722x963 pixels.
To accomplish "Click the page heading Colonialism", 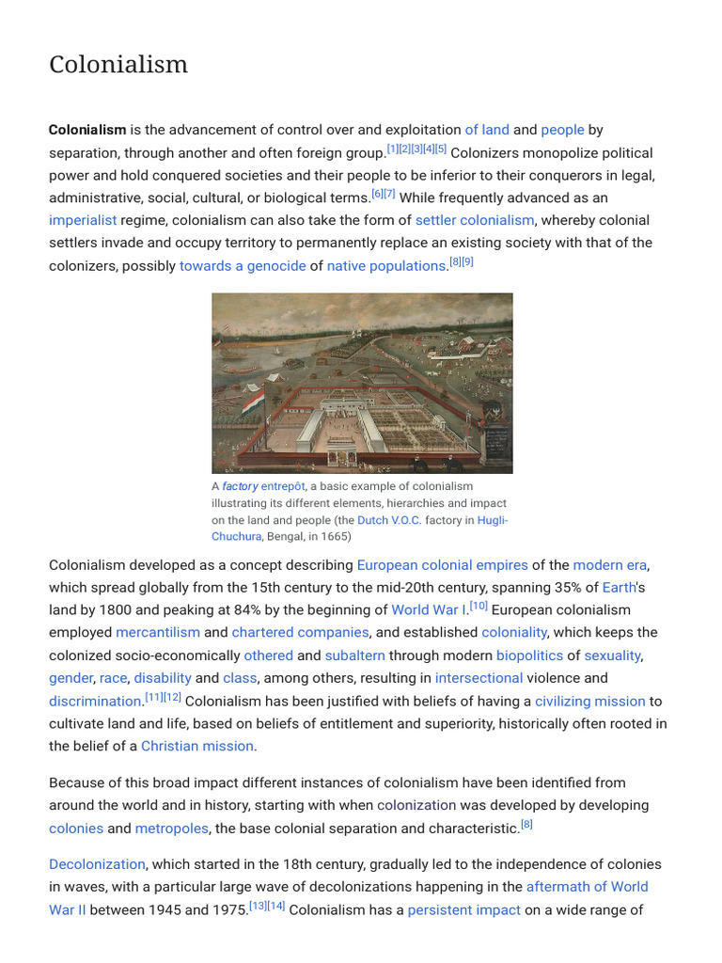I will (x=118, y=64).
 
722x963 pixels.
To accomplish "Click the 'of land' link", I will (x=486, y=130).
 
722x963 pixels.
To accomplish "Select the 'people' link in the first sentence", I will (x=562, y=130).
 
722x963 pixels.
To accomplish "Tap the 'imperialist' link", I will (x=83, y=220).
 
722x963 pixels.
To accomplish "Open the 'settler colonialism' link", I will (x=475, y=220).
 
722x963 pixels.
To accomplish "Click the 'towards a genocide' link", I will (x=243, y=265).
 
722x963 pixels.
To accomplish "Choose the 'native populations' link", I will (x=385, y=265).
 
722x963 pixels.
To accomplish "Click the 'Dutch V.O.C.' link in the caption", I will (x=389, y=520).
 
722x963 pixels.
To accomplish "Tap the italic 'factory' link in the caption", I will (x=240, y=486).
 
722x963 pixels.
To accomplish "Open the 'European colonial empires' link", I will (x=442, y=565).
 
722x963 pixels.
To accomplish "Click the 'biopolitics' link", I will (x=529, y=655).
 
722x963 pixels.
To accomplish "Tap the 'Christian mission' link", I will (x=197, y=746).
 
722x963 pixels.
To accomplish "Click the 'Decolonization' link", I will (x=97, y=864).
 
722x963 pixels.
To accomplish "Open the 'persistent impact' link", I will (x=463, y=909).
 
